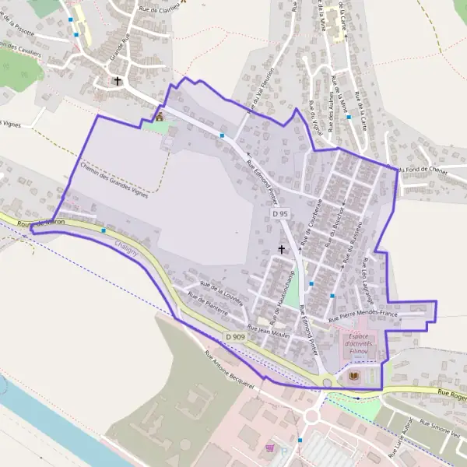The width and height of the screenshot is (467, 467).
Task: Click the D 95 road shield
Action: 281,212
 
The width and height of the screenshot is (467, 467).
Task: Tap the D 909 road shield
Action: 236,336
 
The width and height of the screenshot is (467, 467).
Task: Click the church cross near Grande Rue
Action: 118,80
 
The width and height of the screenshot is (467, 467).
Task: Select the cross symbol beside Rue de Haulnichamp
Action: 282,250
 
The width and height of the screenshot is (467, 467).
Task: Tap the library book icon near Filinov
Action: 355,377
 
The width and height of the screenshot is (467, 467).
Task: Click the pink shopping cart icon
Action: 269,448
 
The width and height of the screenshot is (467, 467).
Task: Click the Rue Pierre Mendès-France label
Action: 363,316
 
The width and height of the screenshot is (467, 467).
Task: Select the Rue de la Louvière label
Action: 222,294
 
